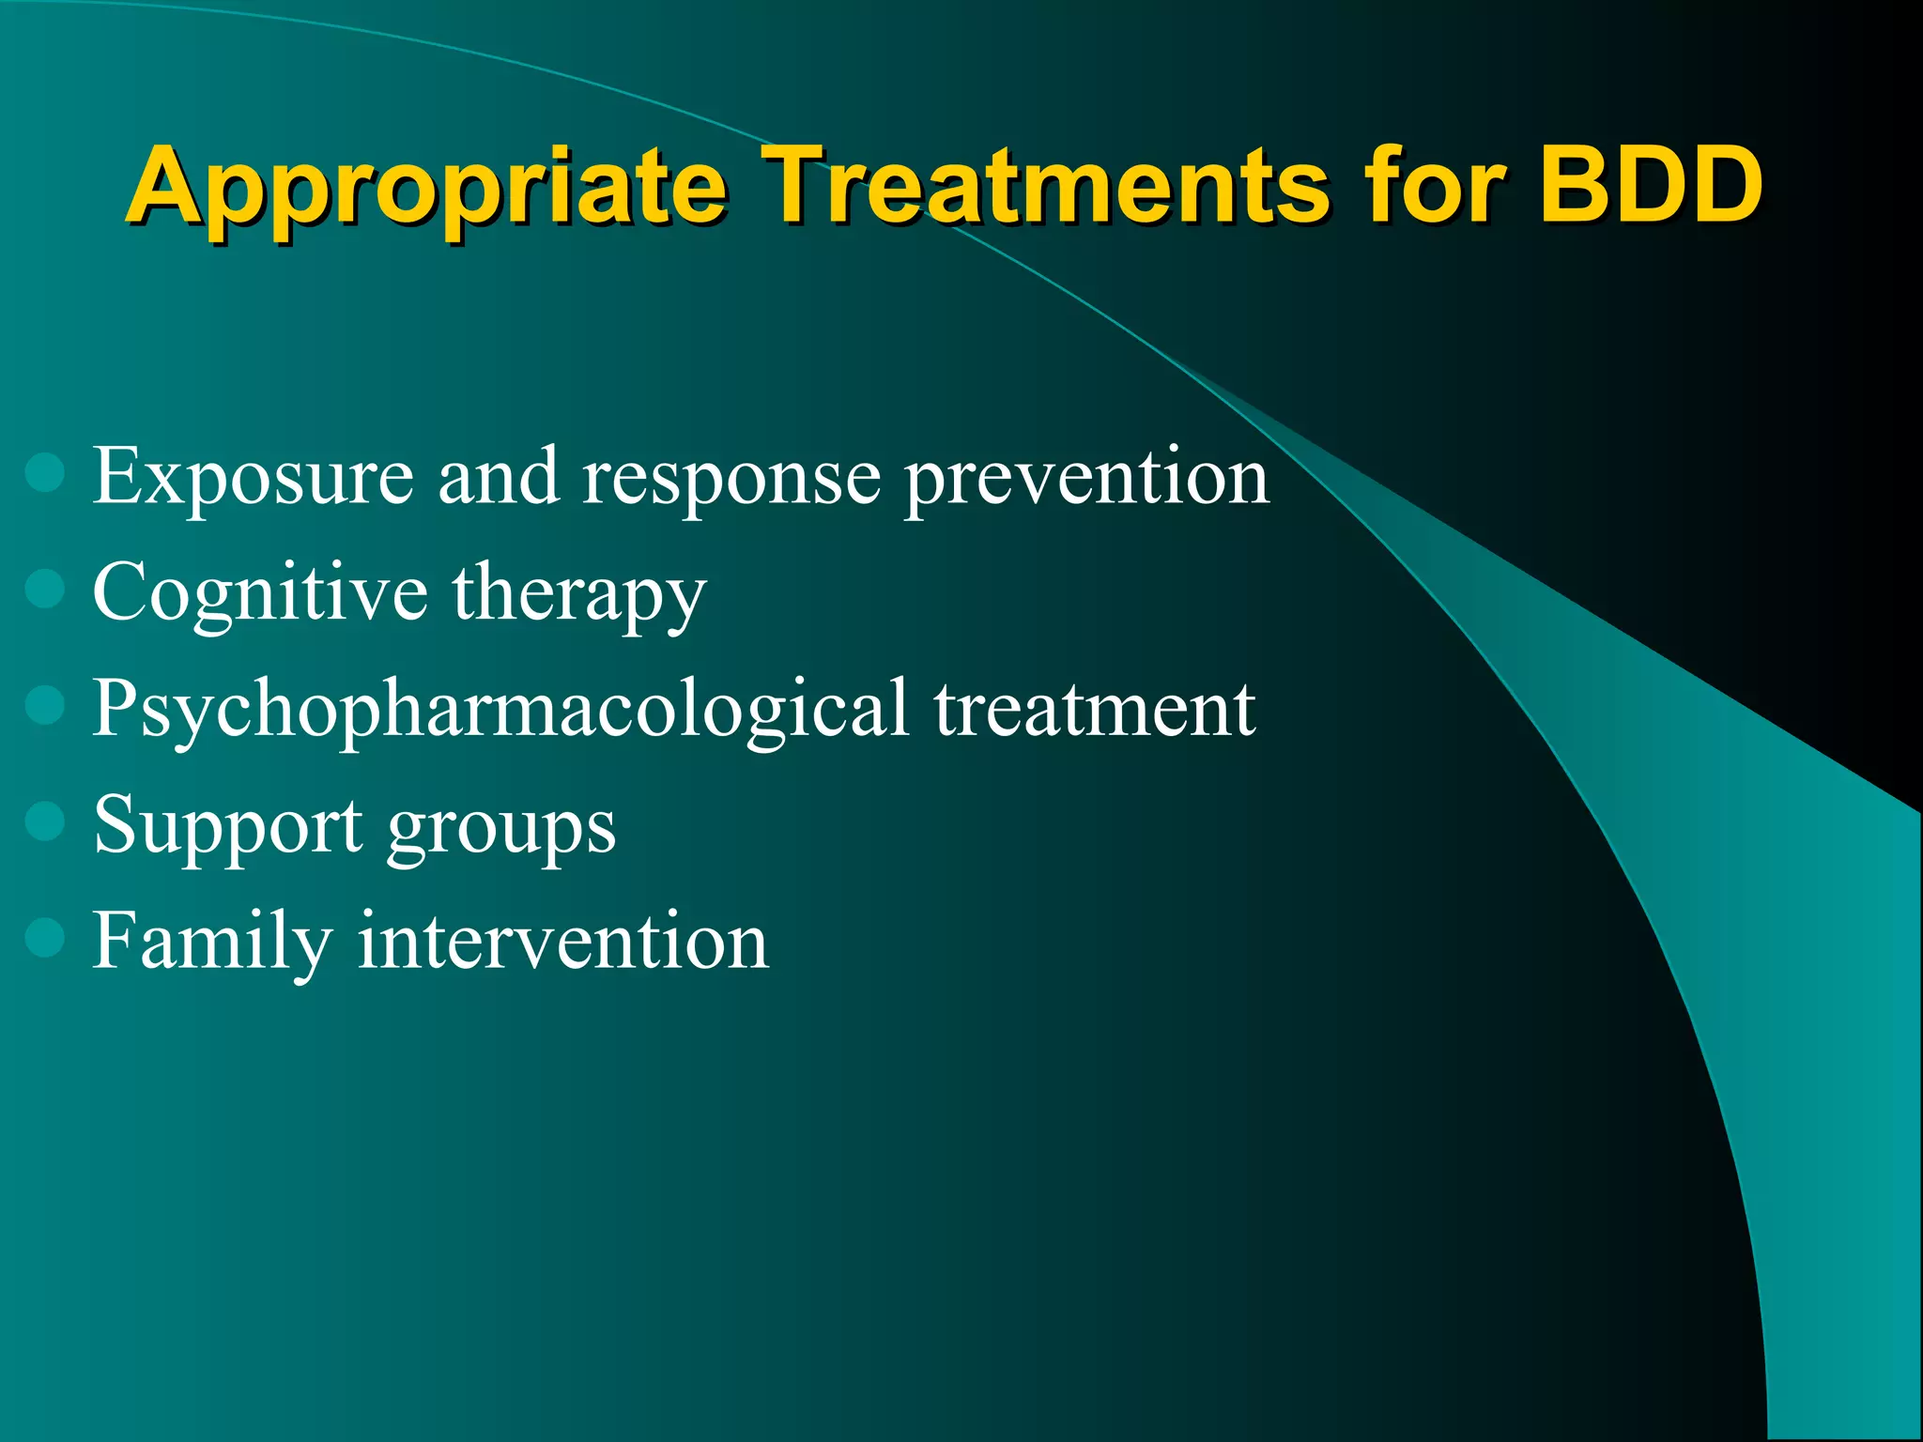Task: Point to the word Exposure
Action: [x=253, y=478]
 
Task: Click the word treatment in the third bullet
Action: [x=1094, y=710]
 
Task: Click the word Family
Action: [x=212, y=943]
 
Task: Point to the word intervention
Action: [x=562, y=942]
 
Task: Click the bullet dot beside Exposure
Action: [x=45, y=473]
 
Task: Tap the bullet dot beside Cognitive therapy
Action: [x=45, y=590]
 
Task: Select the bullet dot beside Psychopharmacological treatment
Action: [x=45, y=705]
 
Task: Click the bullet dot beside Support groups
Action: [x=45, y=821]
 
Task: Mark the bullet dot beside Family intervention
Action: [x=45, y=937]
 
